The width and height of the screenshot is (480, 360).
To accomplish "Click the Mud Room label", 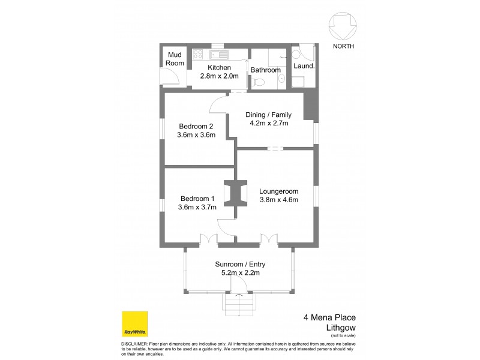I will pos(175,59).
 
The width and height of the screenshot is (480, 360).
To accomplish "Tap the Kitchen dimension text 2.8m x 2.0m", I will pos(219,76).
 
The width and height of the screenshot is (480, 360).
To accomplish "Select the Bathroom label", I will pos(266,70).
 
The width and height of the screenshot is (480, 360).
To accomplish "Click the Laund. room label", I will pos(304,66).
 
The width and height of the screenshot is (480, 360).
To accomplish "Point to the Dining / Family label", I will pos(269,115).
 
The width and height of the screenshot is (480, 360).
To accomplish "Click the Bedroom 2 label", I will pos(196,126).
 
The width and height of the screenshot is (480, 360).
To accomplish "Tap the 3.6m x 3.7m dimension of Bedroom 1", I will pos(197,208).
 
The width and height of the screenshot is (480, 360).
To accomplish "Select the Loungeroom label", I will pos(279,191).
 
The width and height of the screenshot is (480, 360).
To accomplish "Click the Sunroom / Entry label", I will pos(240,264).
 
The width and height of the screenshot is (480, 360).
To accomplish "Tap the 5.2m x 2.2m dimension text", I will pos(240,273).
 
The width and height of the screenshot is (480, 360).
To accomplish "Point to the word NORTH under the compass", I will pos(343,46).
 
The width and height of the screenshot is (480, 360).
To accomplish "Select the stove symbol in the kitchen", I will pos(199,55).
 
